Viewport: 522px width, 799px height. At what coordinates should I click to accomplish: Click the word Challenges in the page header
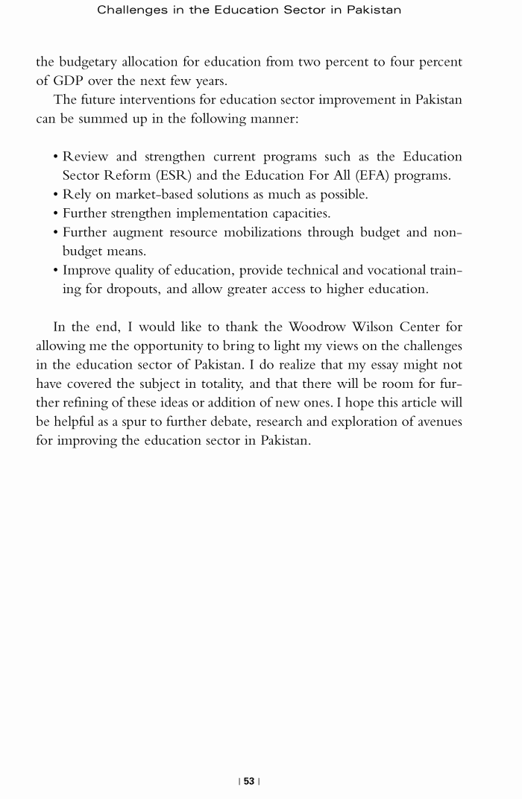point(132,10)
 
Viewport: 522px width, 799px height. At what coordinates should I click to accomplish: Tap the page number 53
point(249,781)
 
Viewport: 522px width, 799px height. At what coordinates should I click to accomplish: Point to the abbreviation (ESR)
point(192,176)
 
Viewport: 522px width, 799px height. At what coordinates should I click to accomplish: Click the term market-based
point(151,195)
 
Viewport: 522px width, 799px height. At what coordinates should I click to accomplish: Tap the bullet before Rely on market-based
point(56,195)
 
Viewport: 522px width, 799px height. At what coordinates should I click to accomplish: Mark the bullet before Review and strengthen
point(56,157)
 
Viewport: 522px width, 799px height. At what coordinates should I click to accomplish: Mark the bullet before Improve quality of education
point(56,271)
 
